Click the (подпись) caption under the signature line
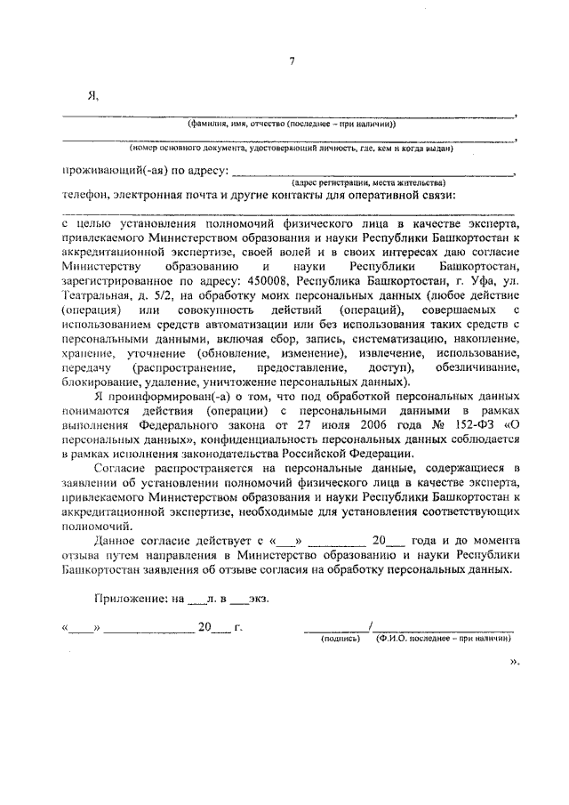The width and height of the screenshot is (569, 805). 341,639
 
